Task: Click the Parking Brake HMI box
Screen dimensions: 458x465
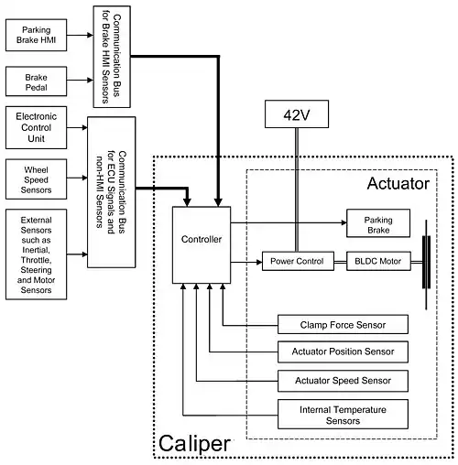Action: click(x=36, y=35)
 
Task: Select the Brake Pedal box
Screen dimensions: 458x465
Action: click(x=36, y=81)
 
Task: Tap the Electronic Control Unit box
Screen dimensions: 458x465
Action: click(x=36, y=127)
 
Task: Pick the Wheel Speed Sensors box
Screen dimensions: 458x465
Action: click(x=36, y=179)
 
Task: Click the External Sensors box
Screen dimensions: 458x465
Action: click(x=36, y=254)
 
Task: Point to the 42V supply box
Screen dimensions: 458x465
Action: click(x=297, y=114)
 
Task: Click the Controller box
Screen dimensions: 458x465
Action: click(x=202, y=245)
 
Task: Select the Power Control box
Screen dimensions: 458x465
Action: click(x=298, y=261)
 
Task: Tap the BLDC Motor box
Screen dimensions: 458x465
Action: click(x=378, y=261)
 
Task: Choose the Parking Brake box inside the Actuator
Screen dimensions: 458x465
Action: click(x=378, y=223)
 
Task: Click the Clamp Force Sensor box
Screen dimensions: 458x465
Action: click(x=343, y=324)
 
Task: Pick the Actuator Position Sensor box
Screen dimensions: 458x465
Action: click(x=343, y=351)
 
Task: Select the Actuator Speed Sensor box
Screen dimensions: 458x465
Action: click(x=343, y=381)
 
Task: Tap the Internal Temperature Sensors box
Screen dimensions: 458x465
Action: click(x=343, y=414)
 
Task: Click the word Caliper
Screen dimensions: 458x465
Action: click(x=194, y=444)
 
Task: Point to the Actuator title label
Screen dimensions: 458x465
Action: click(x=398, y=183)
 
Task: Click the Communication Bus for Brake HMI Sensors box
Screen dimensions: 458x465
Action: click(x=112, y=57)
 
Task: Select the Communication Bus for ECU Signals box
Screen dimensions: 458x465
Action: click(x=112, y=192)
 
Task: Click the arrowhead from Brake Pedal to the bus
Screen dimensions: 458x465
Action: click(x=91, y=81)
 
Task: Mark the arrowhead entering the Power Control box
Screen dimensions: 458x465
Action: click(x=259, y=262)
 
